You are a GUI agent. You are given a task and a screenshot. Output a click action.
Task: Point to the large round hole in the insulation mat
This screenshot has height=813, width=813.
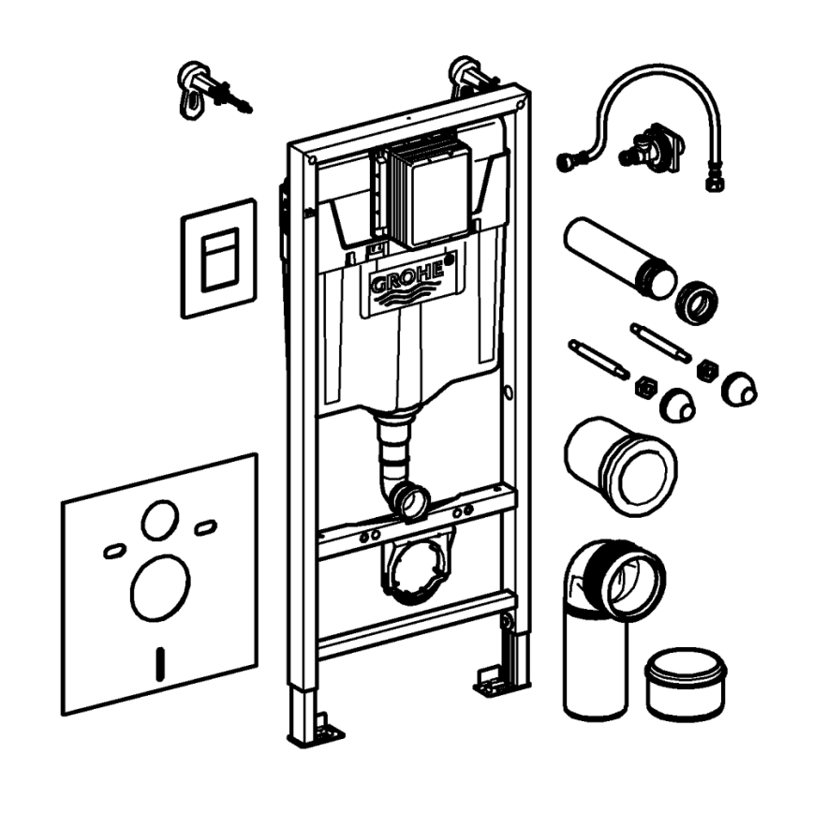(x=160, y=587)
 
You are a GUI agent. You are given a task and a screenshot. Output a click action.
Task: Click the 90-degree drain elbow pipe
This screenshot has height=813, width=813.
(x=609, y=609)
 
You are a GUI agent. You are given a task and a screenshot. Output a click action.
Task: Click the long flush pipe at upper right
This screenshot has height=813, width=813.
(x=613, y=257)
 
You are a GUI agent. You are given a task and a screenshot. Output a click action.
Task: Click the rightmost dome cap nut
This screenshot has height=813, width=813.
(x=738, y=388)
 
